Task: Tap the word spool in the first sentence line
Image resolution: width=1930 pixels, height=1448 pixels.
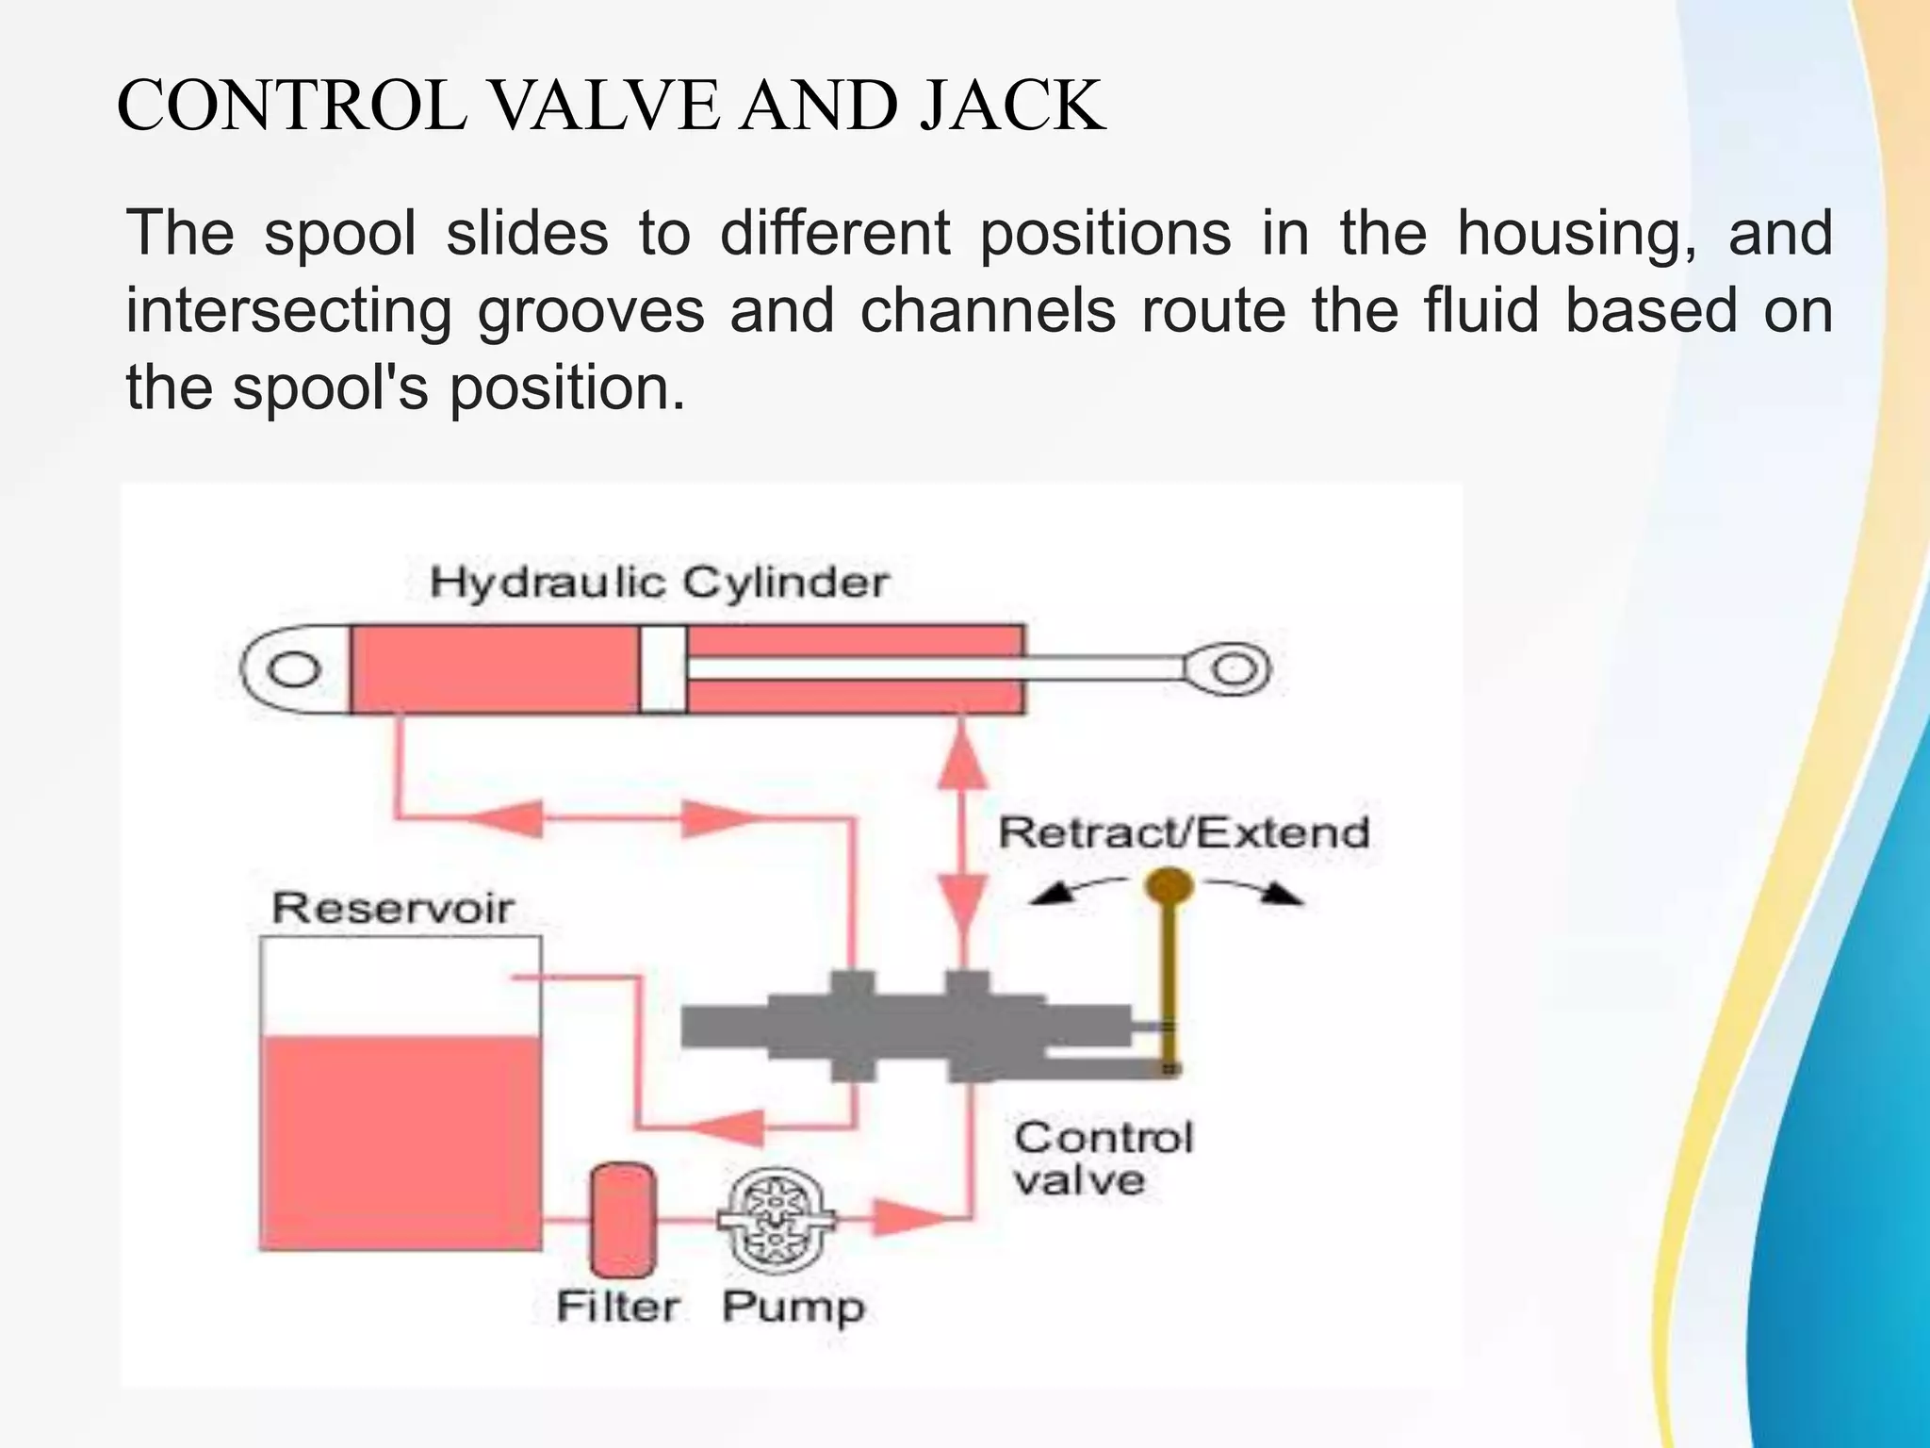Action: (340, 233)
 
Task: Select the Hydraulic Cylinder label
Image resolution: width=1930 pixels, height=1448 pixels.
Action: (658, 583)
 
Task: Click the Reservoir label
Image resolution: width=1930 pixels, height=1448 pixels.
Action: (392, 908)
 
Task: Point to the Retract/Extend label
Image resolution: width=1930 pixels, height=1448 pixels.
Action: (1184, 833)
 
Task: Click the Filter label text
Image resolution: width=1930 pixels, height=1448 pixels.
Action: (617, 1307)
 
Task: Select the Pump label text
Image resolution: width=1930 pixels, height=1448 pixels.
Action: (793, 1308)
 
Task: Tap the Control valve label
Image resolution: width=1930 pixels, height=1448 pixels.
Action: (1103, 1159)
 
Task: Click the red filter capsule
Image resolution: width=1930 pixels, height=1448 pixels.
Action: (622, 1221)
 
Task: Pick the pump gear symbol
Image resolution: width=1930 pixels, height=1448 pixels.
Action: (776, 1222)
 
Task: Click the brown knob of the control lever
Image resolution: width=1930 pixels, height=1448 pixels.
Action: (1169, 886)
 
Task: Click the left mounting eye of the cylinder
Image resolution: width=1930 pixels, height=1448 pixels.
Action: (294, 670)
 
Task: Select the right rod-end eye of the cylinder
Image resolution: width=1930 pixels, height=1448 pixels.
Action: (1232, 670)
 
